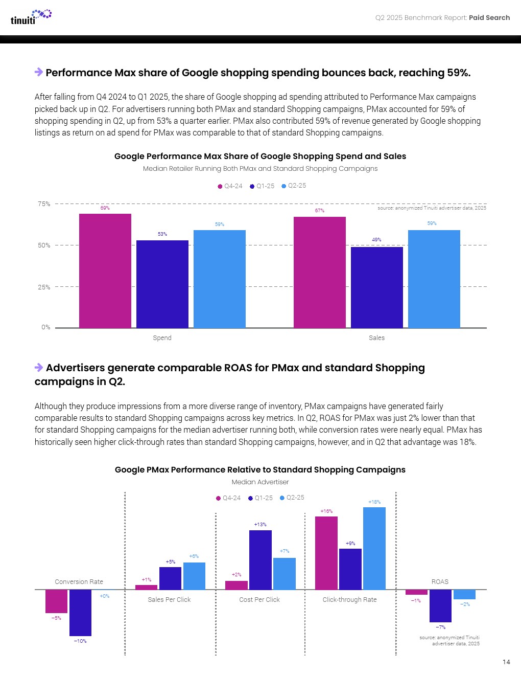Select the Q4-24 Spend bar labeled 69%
click(105, 271)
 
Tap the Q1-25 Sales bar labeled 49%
click(376, 287)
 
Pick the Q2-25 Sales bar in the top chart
click(434, 279)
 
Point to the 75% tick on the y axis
click(44, 204)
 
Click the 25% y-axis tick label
click(44, 287)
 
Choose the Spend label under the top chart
click(162, 338)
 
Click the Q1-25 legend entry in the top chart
click(262, 186)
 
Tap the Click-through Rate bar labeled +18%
click(374, 548)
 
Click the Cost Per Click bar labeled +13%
click(260, 560)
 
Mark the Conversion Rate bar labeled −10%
click(80, 613)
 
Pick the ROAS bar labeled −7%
click(440, 605)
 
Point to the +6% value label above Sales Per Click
click(194, 556)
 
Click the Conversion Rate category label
click(79, 582)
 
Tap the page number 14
click(506, 662)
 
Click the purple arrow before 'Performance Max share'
click(39, 72)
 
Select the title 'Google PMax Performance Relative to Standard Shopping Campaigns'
click(260, 470)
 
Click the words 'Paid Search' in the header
click(489, 18)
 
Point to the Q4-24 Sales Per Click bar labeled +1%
click(146, 587)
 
